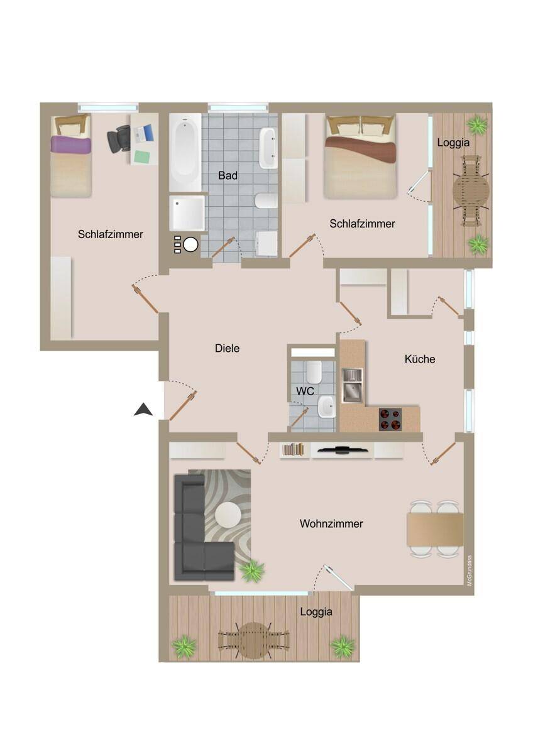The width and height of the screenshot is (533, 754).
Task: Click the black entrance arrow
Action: tap(143, 410)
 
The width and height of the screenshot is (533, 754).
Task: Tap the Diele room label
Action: tap(228, 348)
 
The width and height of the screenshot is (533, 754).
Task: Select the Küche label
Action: tap(419, 359)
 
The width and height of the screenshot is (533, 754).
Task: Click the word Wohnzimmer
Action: tap(331, 523)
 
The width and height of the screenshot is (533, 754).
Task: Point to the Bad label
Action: tap(228, 175)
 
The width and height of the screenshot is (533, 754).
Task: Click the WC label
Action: tap(305, 391)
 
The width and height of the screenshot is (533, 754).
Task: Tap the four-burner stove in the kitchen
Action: tap(390, 420)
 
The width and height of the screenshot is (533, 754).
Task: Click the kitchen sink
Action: tap(352, 385)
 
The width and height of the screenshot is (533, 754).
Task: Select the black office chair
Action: tap(119, 138)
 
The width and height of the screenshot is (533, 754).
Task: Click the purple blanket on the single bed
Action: tap(70, 145)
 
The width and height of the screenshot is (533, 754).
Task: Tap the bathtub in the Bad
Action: tap(185, 152)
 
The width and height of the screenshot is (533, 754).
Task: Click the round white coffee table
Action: tap(228, 515)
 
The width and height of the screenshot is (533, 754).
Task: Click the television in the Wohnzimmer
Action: tap(341, 449)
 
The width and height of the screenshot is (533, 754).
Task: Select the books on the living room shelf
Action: tap(293, 449)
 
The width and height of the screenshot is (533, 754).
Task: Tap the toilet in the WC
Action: tap(314, 372)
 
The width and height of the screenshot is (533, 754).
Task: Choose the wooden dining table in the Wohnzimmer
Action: tap(435, 529)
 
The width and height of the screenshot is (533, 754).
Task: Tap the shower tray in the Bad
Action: tap(187, 213)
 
